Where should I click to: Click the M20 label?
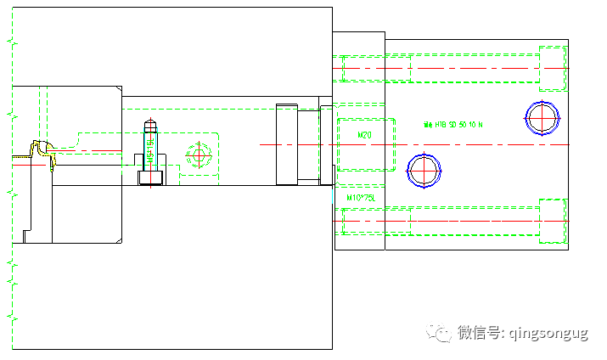coord(364,136)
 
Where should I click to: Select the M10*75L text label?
coord(361,197)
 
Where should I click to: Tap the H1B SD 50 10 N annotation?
coord(453,124)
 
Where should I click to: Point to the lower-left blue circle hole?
coord(424,170)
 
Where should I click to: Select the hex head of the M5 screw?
coord(150,177)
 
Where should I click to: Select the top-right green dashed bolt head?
coord(553,68)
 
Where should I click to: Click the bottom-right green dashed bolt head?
coord(553,221)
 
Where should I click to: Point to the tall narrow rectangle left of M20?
coord(287,144)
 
